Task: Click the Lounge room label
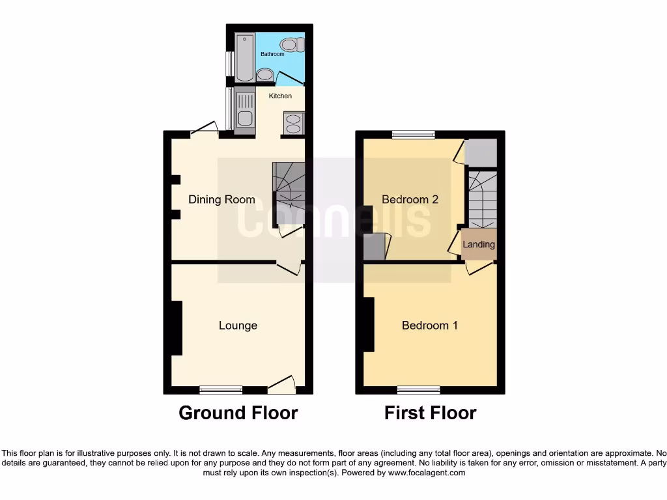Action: pyautogui.click(x=238, y=326)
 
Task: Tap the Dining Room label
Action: pyautogui.click(x=221, y=199)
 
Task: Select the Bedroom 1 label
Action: pyautogui.click(x=429, y=326)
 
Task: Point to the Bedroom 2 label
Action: pyautogui.click(x=410, y=199)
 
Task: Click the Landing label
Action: pyautogui.click(x=479, y=245)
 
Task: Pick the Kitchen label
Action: pyautogui.click(x=281, y=96)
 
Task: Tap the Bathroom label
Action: pyautogui.click(x=272, y=54)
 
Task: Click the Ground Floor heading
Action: pyautogui.click(x=238, y=413)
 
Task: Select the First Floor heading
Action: pyautogui.click(x=430, y=413)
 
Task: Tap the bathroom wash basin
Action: pyautogui.click(x=264, y=76)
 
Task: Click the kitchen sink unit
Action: pyautogui.click(x=245, y=111)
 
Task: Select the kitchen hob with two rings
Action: pyautogui.click(x=292, y=124)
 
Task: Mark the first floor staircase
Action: pyautogui.click(x=482, y=198)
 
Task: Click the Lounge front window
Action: pyautogui.click(x=221, y=390)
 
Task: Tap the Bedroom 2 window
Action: pyautogui.click(x=414, y=135)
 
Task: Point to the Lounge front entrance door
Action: pyautogui.click(x=281, y=389)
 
